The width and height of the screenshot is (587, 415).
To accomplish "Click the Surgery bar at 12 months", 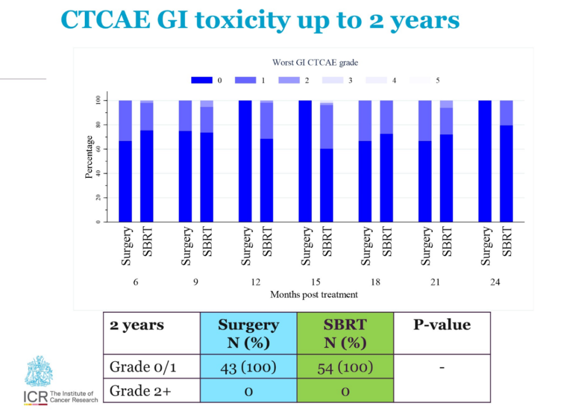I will click(245, 161).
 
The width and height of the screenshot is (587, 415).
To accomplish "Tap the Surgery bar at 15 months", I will click(305, 161).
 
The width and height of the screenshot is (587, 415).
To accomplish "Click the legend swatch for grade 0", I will click(201, 80).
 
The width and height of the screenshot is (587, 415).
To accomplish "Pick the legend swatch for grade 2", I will click(289, 80).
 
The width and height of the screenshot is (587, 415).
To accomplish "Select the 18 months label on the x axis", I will click(375, 282).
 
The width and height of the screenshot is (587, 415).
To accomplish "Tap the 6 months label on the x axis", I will click(135, 282).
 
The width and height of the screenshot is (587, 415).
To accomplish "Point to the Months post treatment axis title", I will click(314, 294).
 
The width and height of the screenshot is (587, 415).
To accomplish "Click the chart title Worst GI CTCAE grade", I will click(315, 63).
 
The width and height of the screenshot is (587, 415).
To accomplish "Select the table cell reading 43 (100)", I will click(248, 367).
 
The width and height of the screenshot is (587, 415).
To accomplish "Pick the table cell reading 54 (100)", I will click(345, 367).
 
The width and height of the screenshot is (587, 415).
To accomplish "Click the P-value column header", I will click(442, 325).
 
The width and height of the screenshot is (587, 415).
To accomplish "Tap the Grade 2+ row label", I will click(140, 391).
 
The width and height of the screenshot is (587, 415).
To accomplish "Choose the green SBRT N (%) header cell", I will click(345, 333).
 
